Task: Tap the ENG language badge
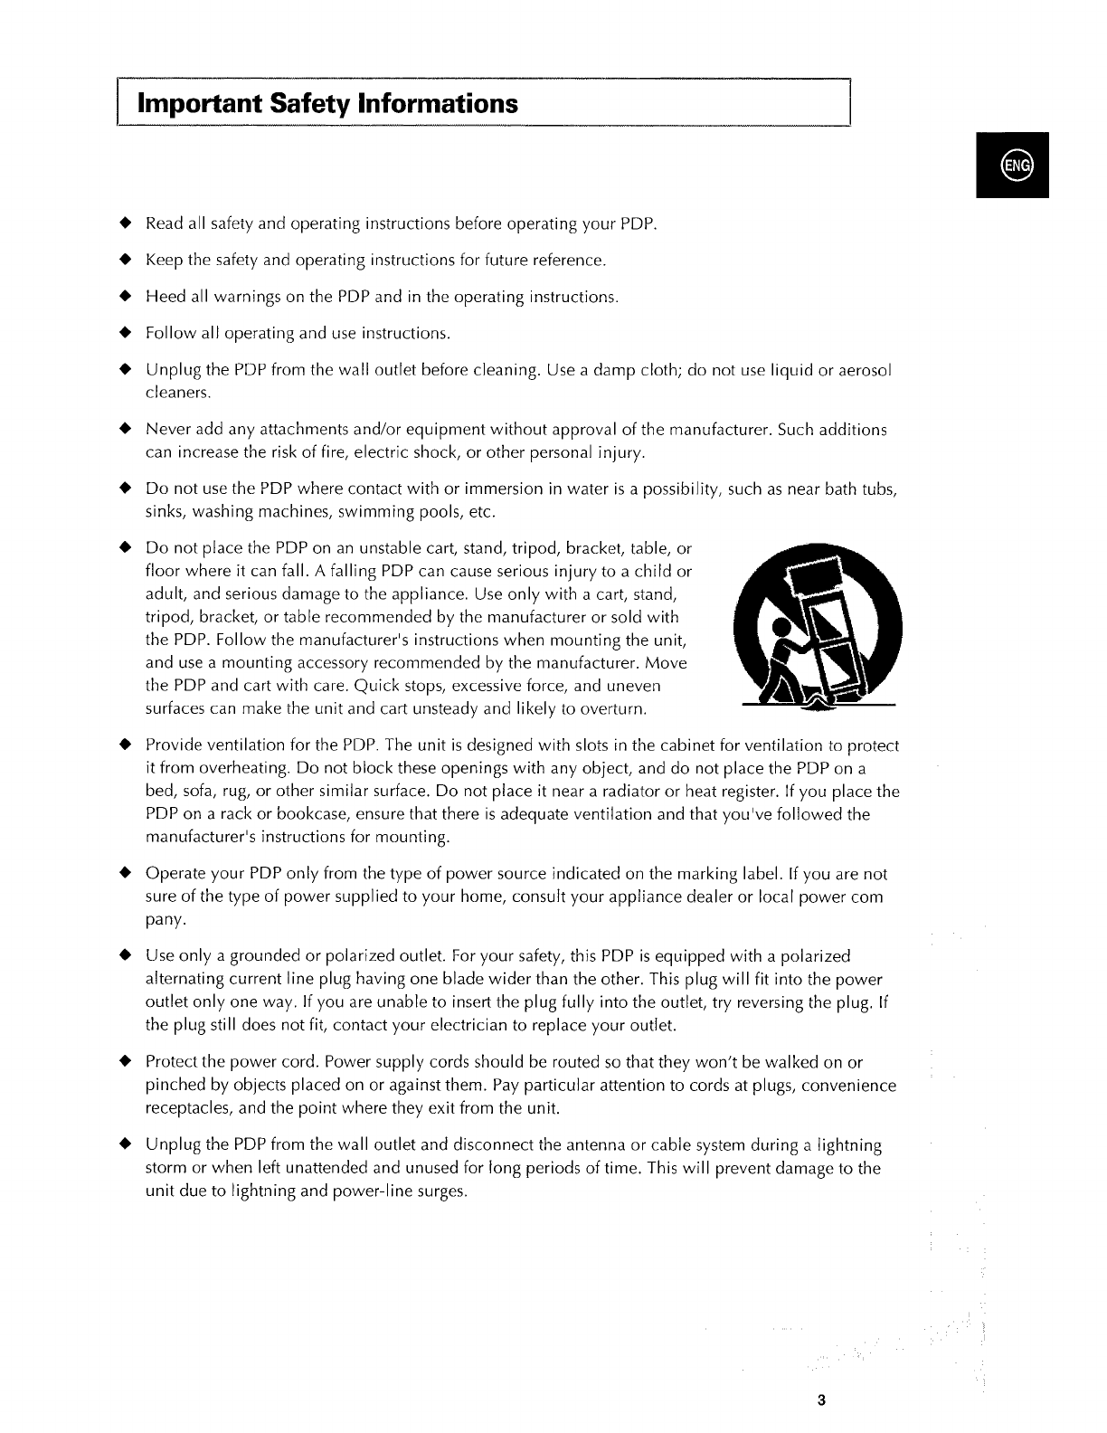click(1012, 166)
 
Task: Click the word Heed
click(164, 298)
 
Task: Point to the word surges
click(442, 1191)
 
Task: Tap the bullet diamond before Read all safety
click(127, 223)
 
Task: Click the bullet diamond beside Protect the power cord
click(127, 1061)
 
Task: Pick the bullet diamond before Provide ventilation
click(127, 745)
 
